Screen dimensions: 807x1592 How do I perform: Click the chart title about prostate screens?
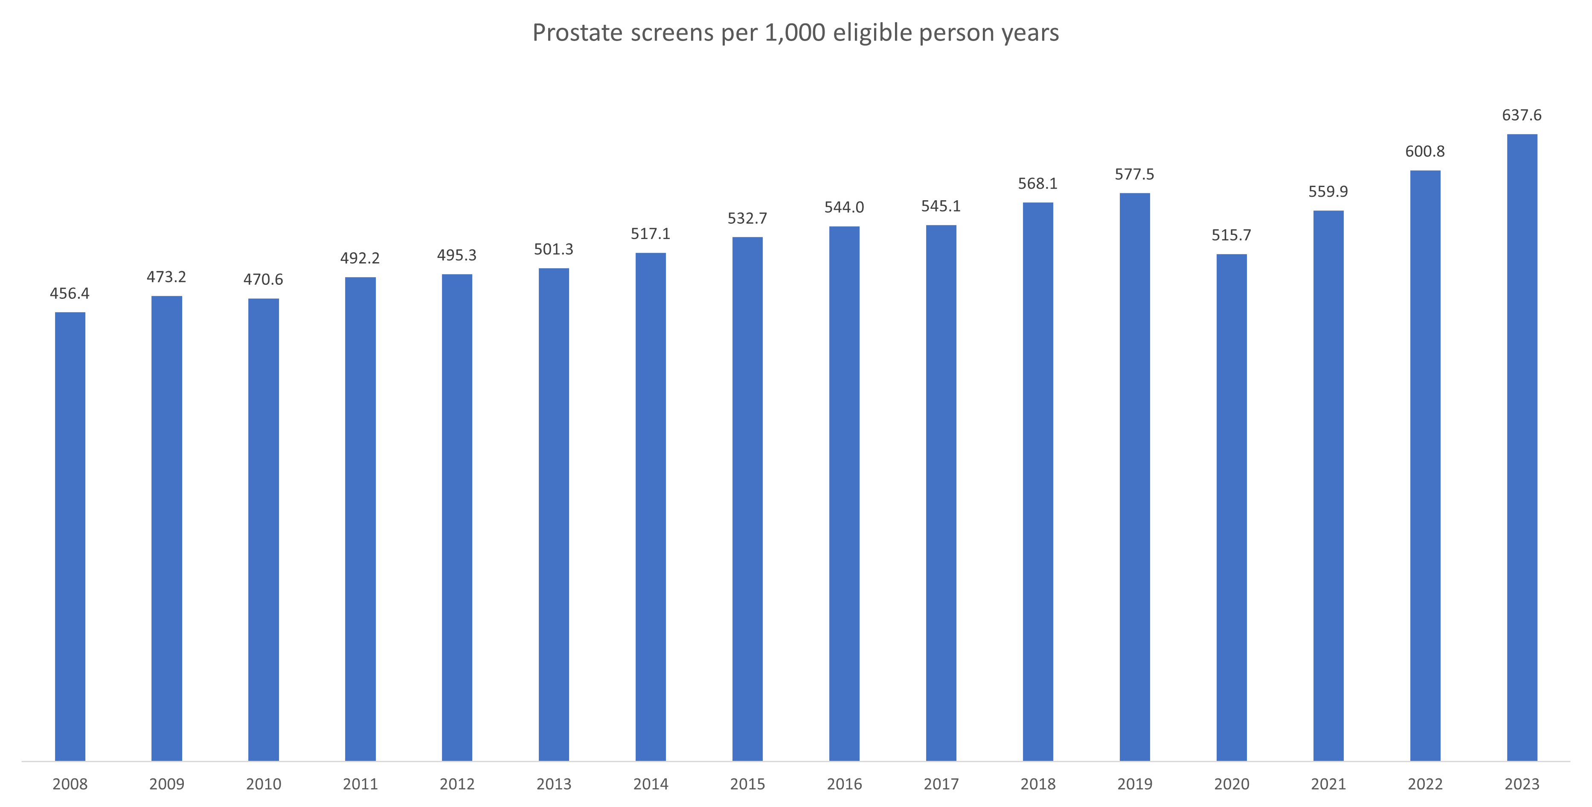pyautogui.click(x=796, y=33)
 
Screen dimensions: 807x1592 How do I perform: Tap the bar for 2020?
pyautogui.click(x=1232, y=507)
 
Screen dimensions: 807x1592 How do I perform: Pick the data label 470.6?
pyautogui.click(x=263, y=280)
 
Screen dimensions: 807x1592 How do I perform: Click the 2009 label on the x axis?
pyautogui.click(x=167, y=784)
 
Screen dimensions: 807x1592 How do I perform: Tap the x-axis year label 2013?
pyautogui.click(x=554, y=784)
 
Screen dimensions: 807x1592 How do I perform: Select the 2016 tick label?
pyautogui.click(x=844, y=784)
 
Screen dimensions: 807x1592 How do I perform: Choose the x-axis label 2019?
pyautogui.click(x=1135, y=784)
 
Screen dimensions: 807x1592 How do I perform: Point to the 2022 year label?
pyautogui.click(x=1425, y=784)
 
